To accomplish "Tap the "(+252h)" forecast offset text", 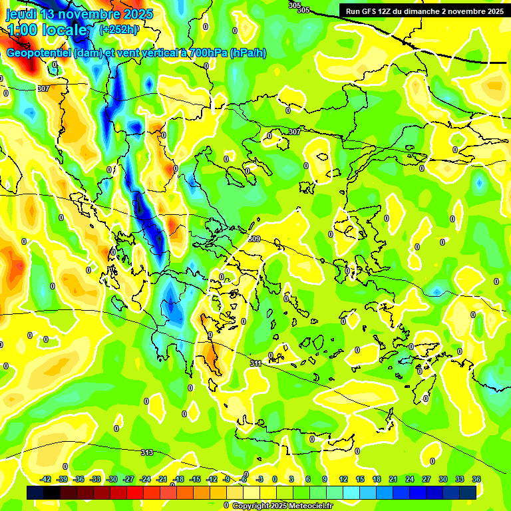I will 119,29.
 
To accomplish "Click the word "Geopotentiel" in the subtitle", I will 39,53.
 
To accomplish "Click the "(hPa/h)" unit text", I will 248,53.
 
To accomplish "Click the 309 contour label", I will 254,239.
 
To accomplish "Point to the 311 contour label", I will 255,363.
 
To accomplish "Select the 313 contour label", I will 147,452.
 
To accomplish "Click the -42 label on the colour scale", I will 46,479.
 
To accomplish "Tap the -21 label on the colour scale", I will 162,479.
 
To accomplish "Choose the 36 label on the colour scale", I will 476,479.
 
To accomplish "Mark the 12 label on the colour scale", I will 343,479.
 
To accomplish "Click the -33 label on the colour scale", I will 96,479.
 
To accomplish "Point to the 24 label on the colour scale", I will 410,479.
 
